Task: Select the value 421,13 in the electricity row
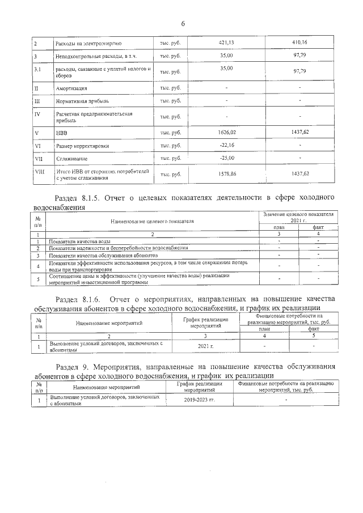click(226, 42)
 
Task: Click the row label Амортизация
click(71, 88)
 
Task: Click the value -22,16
click(226, 145)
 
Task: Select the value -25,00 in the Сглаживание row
click(226, 158)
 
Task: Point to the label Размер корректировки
click(82, 146)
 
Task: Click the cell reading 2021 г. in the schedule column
click(205, 345)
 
